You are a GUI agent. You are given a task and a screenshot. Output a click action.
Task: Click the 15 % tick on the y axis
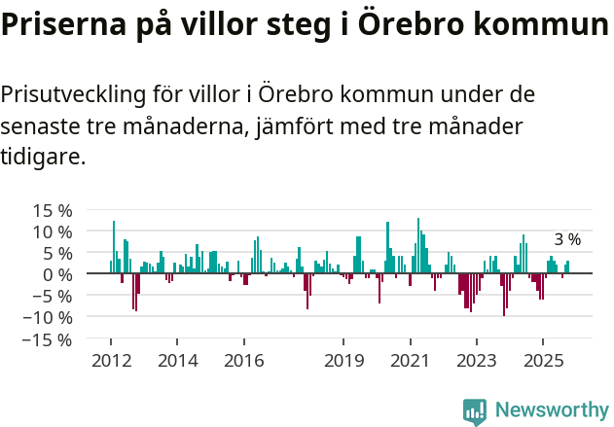tap(53, 210)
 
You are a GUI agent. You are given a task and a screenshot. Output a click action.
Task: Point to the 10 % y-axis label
tap(53, 231)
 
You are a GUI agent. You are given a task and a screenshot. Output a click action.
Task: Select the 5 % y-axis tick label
tap(57, 253)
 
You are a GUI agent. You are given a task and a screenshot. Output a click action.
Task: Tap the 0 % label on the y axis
tap(57, 274)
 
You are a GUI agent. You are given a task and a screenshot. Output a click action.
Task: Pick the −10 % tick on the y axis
tap(48, 317)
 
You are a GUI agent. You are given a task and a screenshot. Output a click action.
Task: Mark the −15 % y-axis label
tap(48, 339)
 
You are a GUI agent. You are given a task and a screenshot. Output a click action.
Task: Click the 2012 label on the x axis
tap(110, 360)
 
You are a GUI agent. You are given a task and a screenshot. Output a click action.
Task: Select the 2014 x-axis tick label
tap(177, 360)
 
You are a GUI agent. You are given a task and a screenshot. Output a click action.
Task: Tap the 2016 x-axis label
tap(243, 360)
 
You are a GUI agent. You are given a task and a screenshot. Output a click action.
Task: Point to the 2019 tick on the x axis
tap(343, 360)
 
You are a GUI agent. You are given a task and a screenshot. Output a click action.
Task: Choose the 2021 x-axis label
tap(410, 360)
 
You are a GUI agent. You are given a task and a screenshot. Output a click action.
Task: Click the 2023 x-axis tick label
tap(477, 360)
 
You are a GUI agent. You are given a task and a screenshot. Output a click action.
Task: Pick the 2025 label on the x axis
tap(543, 360)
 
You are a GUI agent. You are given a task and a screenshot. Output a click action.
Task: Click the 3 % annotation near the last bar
tap(567, 239)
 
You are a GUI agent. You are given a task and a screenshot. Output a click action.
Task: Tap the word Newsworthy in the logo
tap(551, 410)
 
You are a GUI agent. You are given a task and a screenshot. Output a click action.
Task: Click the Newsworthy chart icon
tap(475, 411)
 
